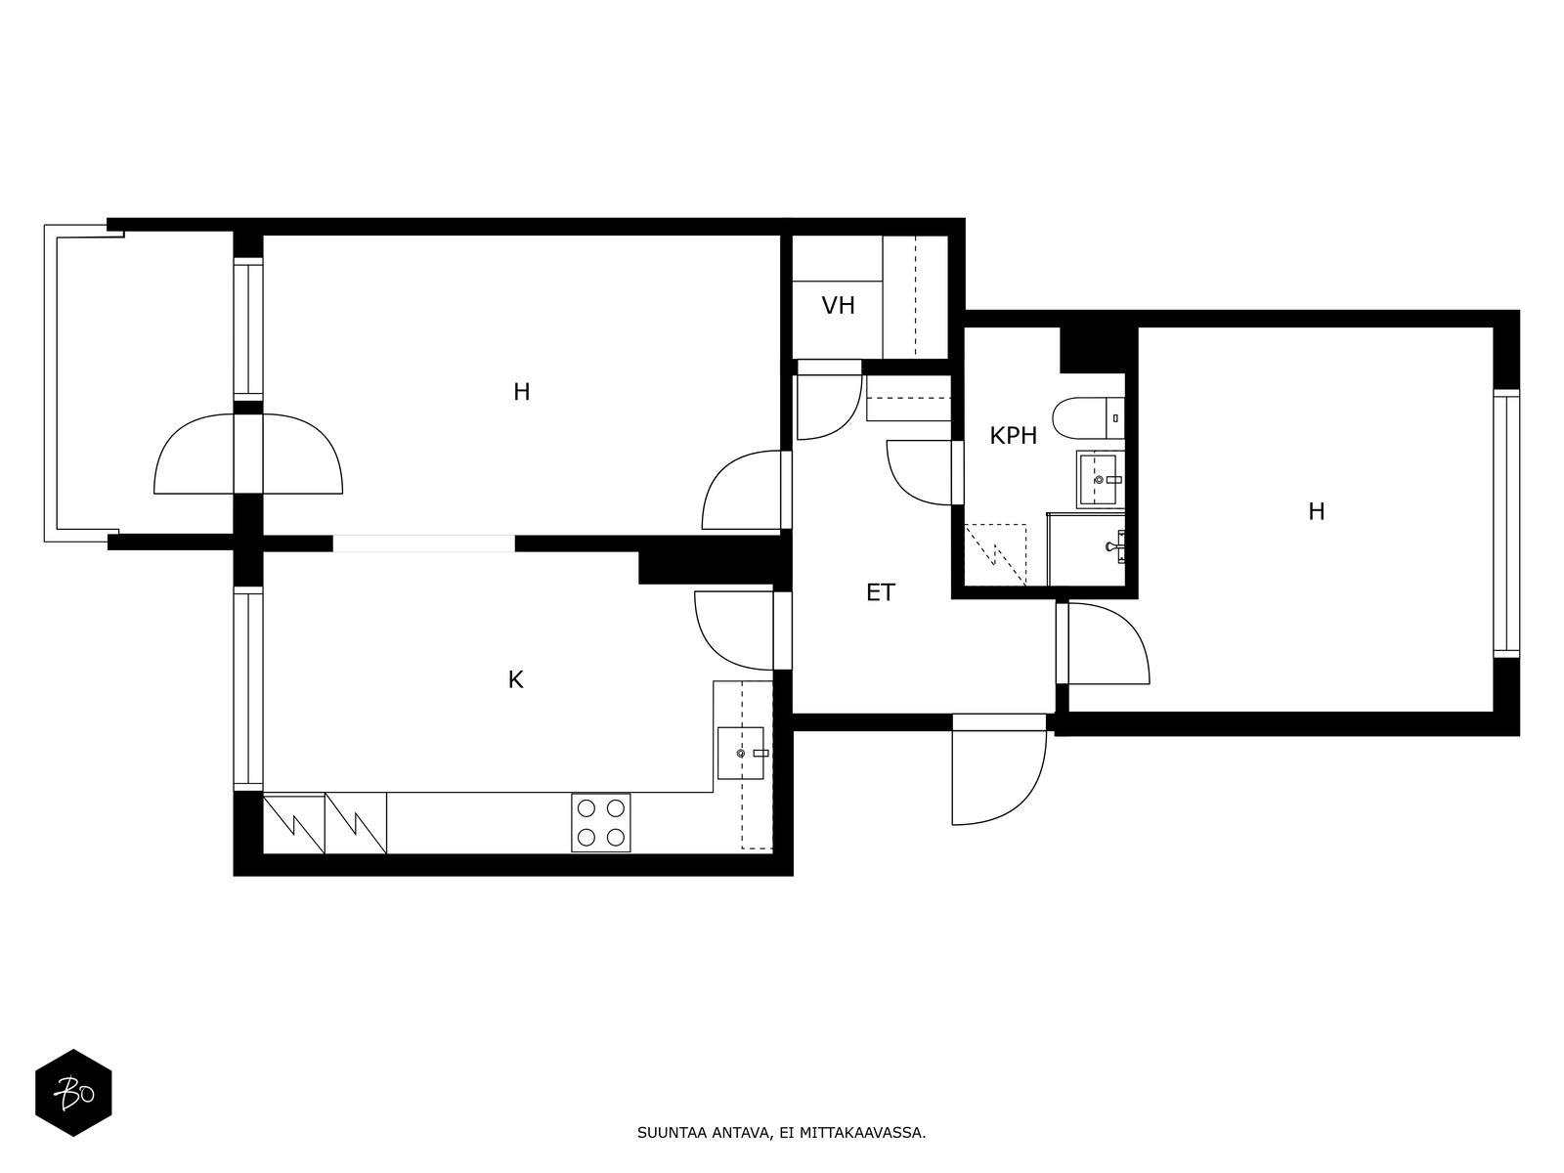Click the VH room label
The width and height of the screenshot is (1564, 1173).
coord(838,306)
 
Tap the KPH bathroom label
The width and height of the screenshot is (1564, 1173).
coord(1014,436)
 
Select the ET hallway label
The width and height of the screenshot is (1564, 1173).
coord(881,592)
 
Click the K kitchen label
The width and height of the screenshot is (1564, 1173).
coord(516,680)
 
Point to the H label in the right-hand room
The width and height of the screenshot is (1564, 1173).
coord(1317,511)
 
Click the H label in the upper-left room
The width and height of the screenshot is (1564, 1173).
coord(522,392)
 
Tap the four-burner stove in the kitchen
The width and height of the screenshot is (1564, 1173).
coord(600,823)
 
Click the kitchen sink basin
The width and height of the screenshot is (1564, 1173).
coord(740,753)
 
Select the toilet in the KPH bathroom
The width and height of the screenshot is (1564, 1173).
coord(1088,418)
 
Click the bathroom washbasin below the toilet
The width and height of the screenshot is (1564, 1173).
coord(1100,479)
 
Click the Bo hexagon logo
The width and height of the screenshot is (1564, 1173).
coord(74,1093)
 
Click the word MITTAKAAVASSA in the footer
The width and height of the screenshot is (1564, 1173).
coord(863,1133)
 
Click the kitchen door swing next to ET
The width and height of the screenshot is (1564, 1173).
coord(734,630)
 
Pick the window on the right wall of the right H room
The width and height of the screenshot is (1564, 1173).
coord(1506,524)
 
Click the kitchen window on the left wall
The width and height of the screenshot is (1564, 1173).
coord(248,689)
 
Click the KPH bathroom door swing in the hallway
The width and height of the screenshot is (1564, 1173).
coord(921,473)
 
